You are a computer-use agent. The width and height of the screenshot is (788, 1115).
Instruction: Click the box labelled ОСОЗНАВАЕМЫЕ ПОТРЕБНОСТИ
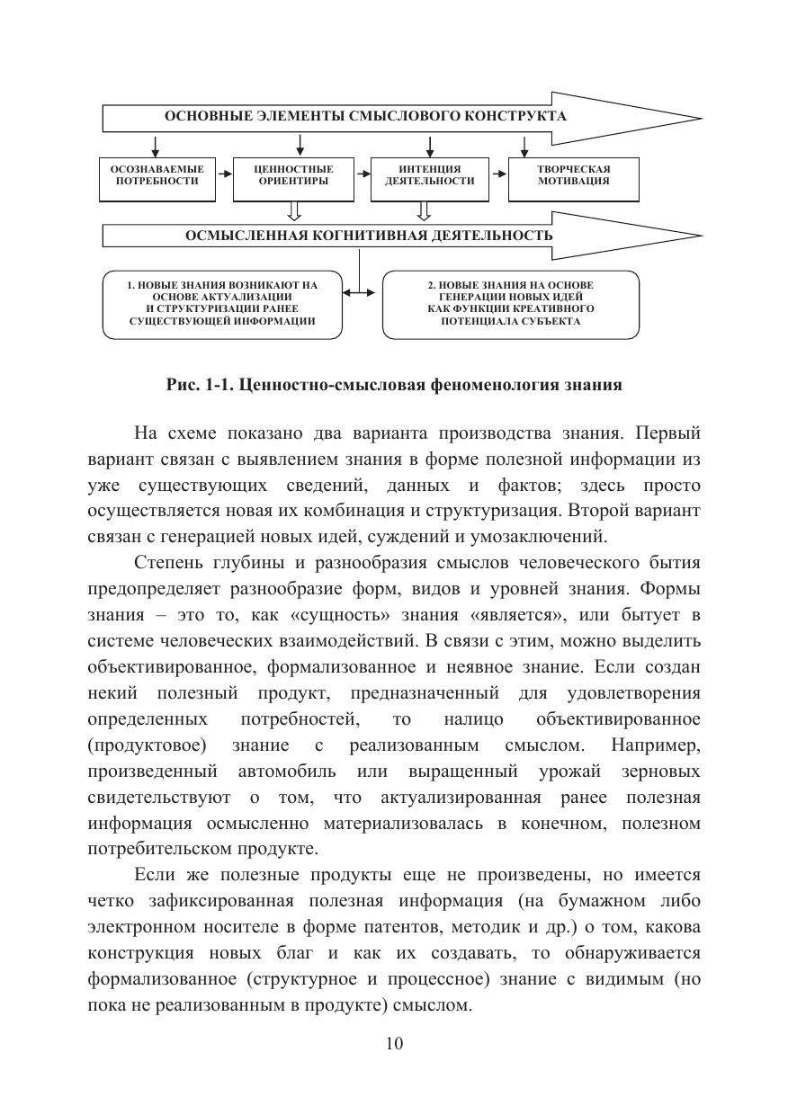tap(157, 175)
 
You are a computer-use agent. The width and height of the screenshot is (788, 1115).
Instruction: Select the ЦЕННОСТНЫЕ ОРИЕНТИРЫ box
tap(293, 175)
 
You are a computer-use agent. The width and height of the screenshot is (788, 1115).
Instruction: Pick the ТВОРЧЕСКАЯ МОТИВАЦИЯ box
tap(574, 175)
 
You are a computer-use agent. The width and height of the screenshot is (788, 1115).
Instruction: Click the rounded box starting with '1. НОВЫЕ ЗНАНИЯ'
tap(222, 304)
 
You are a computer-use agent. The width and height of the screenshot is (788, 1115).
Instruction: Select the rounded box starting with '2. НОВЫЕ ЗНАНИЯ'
tap(510, 304)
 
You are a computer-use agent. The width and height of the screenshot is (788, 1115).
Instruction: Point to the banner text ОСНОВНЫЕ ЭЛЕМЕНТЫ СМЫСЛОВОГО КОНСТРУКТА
tap(364, 117)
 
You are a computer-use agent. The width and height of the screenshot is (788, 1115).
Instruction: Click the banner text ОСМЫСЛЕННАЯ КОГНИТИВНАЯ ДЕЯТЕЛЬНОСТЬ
tap(369, 236)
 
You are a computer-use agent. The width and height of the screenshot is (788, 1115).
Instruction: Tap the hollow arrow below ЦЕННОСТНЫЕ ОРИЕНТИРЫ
tap(293, 210)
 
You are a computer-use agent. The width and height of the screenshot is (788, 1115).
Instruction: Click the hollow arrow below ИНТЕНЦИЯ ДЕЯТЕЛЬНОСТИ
tap(425, 210)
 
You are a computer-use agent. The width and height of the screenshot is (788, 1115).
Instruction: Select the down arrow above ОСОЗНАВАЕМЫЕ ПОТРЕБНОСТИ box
tap(157, 145)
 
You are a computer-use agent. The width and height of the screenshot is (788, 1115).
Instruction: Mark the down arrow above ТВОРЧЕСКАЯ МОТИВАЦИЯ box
tap(525, 145)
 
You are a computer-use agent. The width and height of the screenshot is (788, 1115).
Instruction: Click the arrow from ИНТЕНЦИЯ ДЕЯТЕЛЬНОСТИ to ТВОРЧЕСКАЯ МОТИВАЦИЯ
tap(499, 174)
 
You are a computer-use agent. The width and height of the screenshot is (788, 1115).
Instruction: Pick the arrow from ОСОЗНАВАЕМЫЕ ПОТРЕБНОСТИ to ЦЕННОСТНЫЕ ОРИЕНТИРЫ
tap(224, 174)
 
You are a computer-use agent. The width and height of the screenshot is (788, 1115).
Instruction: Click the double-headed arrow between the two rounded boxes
tap(363, 292)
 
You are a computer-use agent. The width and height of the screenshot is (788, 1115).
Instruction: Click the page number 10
tap(394, 1044)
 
